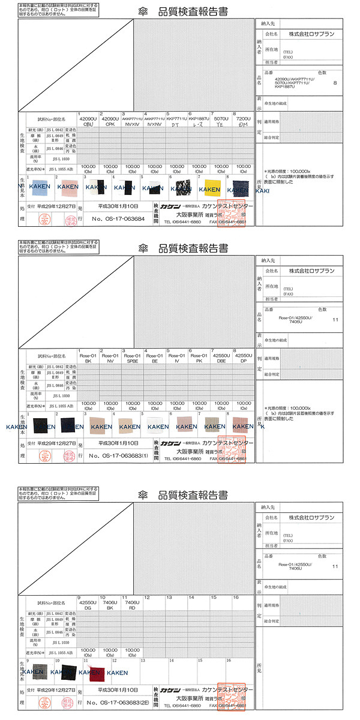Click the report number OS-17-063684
pos(119,219)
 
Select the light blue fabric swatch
pos(38,187)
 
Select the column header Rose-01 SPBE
pos(133,358)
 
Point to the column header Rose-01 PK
pos(199,358)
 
